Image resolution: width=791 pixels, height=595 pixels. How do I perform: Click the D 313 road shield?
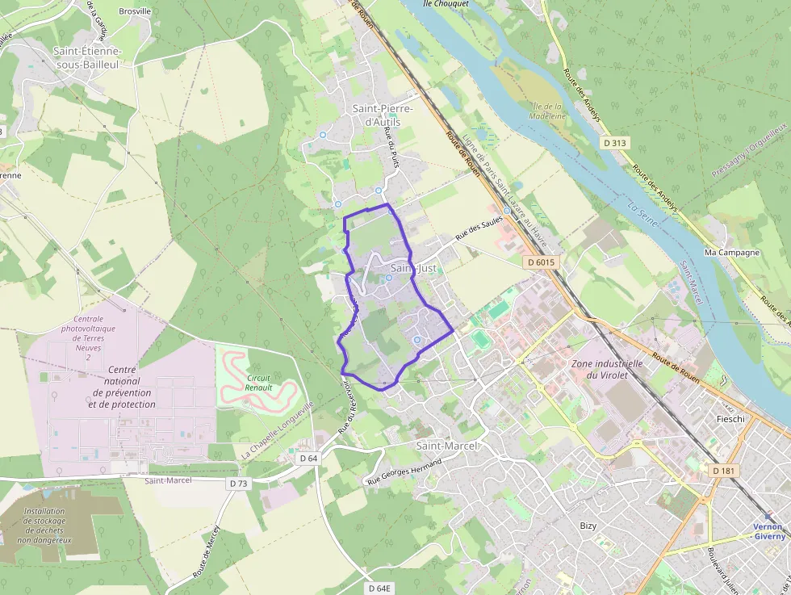coord(615,143)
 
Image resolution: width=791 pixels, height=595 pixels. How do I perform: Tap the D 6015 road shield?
coord(540,262)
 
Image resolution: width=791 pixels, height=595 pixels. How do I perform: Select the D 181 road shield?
coord(723,470)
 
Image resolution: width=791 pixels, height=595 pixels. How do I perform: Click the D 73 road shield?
coord(237,483)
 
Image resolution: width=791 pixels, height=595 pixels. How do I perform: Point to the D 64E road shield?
coord(379,589)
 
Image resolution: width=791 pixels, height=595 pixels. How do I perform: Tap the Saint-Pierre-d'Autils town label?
coord(383,115)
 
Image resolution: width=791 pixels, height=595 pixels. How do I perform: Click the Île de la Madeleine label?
coord(548,111)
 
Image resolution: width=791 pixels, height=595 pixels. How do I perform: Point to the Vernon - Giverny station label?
coord(768,531)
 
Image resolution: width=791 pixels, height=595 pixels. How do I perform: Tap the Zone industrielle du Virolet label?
coord(607,369)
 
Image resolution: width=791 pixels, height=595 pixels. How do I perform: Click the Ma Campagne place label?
coord(732,252)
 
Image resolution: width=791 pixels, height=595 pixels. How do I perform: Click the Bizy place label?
coord(588,526)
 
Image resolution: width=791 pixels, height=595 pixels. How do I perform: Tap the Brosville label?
coord(135,11)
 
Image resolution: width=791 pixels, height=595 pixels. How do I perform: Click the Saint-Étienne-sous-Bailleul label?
coord(86,57)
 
